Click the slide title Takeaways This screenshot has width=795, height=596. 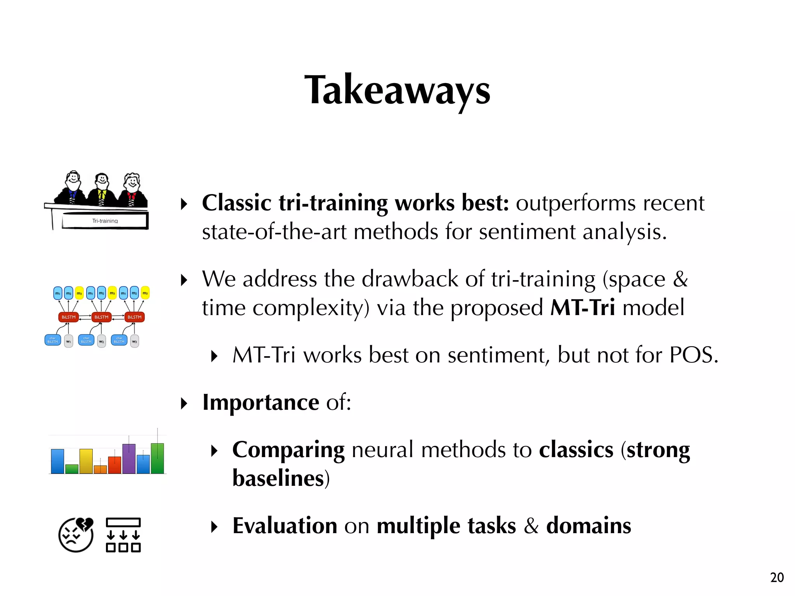click(x=397, y=90)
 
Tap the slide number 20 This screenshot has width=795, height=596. click(x=777, y=577)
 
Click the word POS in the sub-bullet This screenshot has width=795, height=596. click(x=694, y=355)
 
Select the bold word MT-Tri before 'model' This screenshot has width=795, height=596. click(x=583, y=308)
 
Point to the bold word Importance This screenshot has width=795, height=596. click(x=261, y=402)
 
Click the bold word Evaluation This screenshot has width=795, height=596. click(x=285, y=526)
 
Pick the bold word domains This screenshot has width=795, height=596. click(x=588, y=526)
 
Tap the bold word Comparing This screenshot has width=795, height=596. click(x=288, y=450)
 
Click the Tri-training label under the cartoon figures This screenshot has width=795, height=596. click(x=105, y=221)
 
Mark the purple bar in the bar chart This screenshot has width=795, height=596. click(x=129, y=459)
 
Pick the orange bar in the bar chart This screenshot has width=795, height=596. click(x=100, y=469)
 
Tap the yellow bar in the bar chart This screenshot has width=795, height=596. click(x=86, y=461)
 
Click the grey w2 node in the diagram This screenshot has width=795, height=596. click(x=101, y=341)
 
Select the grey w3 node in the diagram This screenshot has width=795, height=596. click(x=134, y=341)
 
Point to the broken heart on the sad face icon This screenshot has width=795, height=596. click(x=85, y=524)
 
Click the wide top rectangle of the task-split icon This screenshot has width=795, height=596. click(x=123, y=522)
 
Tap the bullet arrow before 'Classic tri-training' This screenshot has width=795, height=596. click(x=184, y=204)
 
